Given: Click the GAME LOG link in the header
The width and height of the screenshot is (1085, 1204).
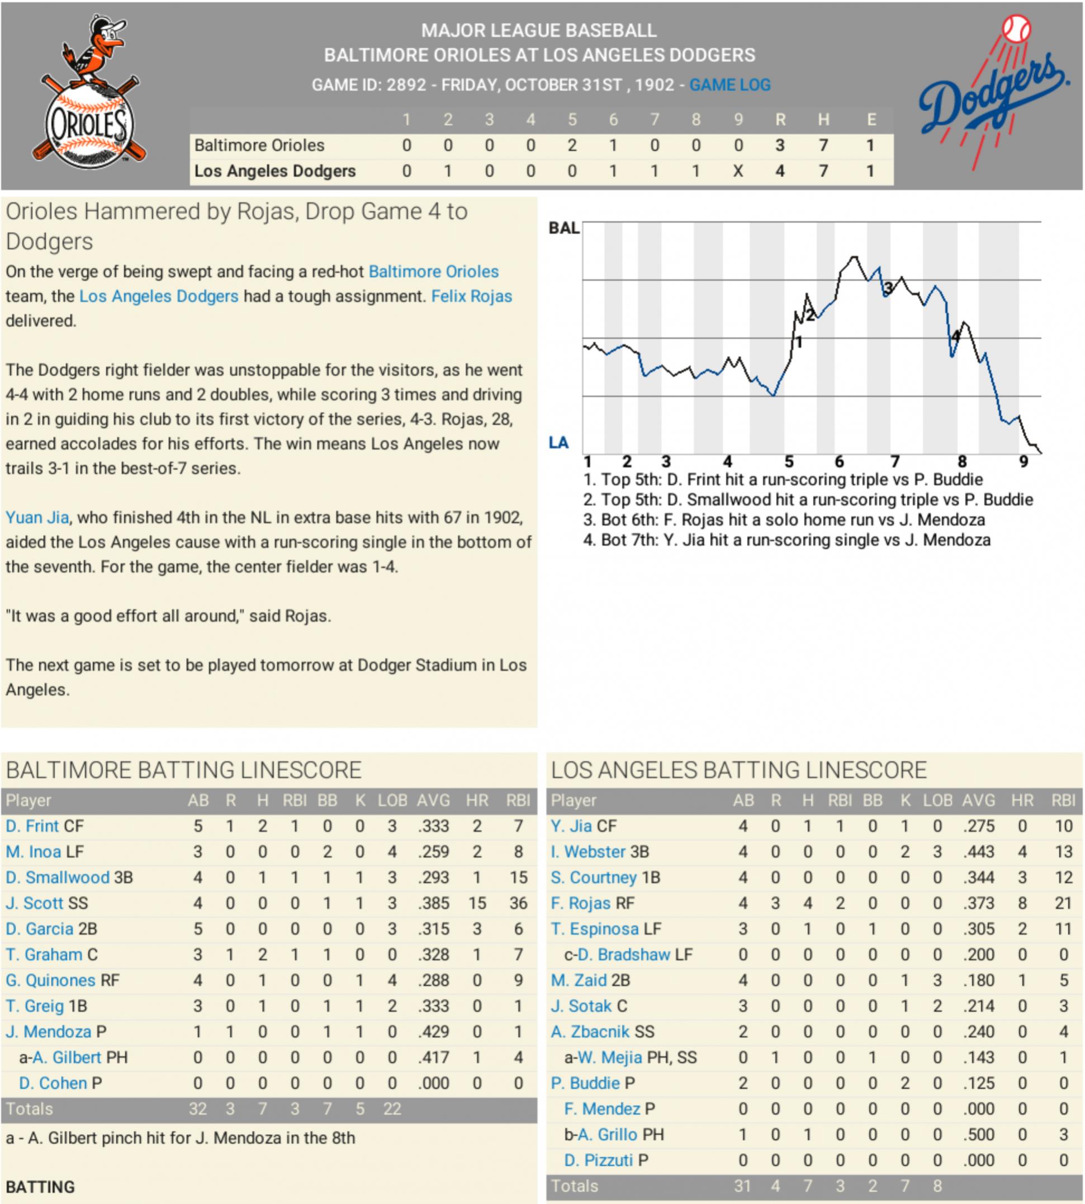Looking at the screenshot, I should click(x=729, y=85).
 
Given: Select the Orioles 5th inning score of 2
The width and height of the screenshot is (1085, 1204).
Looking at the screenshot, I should click(x=572, y=145).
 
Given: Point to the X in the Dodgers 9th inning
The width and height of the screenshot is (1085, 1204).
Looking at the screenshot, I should click(x=737, y=172).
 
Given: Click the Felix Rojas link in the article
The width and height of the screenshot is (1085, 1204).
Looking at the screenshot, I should click(x=472, y=296).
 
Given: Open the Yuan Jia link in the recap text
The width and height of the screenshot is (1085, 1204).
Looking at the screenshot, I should click(x=37, y=518).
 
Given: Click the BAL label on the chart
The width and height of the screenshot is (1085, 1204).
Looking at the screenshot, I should click(x=563, y=228).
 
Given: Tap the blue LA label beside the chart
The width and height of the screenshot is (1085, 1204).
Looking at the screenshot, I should click(x=558, y=442).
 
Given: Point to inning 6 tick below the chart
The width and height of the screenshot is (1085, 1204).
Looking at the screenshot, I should click(x=840, y=461).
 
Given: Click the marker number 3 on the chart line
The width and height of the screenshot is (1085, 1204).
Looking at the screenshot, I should click(x=888, y=289).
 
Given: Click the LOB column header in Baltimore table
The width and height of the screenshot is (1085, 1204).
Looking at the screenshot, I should click(x=392, y=801).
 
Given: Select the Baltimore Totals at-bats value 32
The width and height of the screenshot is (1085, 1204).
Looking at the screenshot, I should click(x=198, y=1109).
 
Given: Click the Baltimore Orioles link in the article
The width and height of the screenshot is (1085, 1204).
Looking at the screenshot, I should click(x=433, y=272).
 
